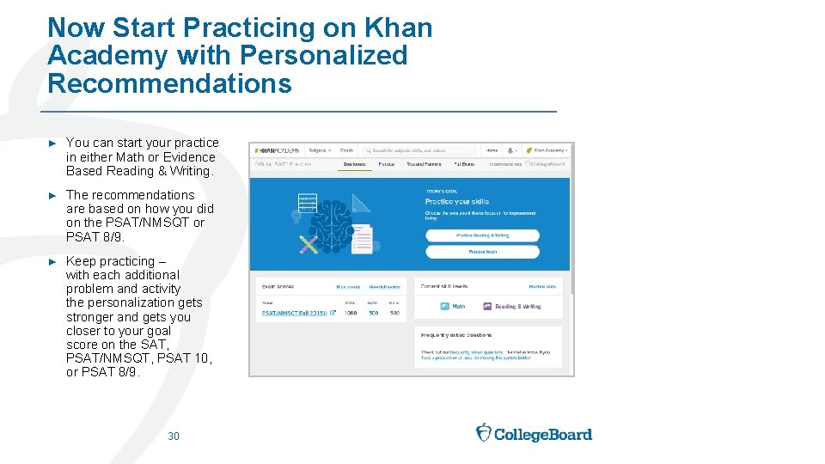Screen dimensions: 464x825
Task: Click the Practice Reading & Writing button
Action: click(x=482, y=235)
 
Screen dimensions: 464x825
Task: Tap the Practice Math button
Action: click(x=482, y=252)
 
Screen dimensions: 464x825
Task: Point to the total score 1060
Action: click(x=351, y=314)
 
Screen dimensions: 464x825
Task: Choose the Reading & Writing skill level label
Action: click(x=517, y=306)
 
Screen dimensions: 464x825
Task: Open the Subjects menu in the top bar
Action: click(x=317, y=150)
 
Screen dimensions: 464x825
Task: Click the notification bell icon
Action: click(x=512, y=150)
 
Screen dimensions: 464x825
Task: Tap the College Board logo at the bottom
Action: click(x=534, y=433)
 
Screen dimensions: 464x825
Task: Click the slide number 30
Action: click(x=174, y=437)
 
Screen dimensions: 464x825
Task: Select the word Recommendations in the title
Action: click(x=169, y=83)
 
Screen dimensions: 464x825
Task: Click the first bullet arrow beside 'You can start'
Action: click(x=52, y=143)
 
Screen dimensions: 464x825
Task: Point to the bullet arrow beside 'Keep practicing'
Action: click(x=52, y=261)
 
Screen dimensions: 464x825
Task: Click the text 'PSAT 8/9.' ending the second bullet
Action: click(x=95, y=236)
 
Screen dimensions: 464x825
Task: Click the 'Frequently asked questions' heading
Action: click(x=456, y=336)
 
